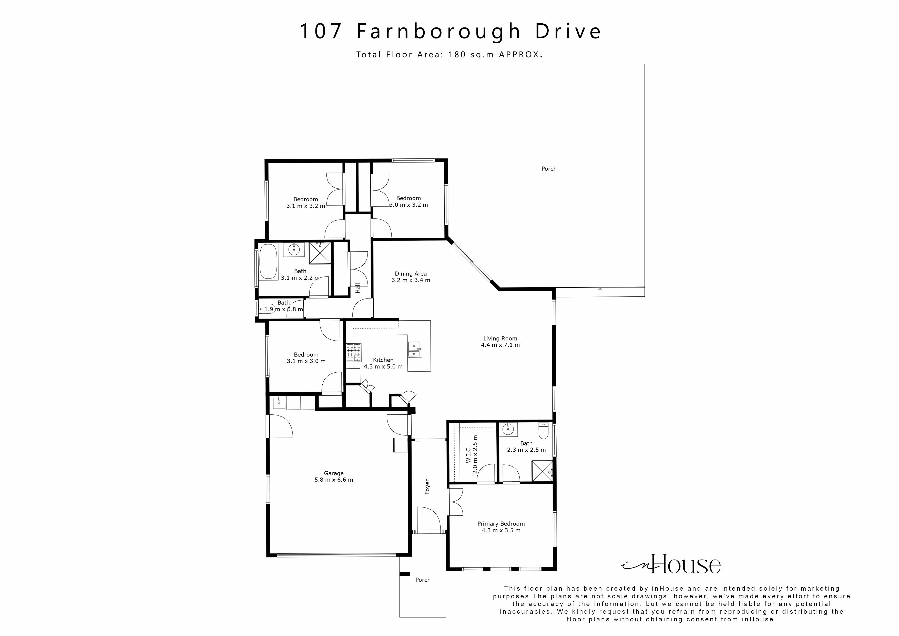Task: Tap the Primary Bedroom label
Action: coord(501,523)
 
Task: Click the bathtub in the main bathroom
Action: coord(268,262)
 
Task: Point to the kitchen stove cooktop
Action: coord(353,352)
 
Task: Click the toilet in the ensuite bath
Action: coord(544,431)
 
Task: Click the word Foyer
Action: coord(427,487)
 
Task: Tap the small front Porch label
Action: coord(423,580)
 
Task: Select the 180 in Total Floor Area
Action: coord(457,55)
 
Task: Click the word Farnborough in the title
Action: coord(438,31)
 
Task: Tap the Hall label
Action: coord(357,288)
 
